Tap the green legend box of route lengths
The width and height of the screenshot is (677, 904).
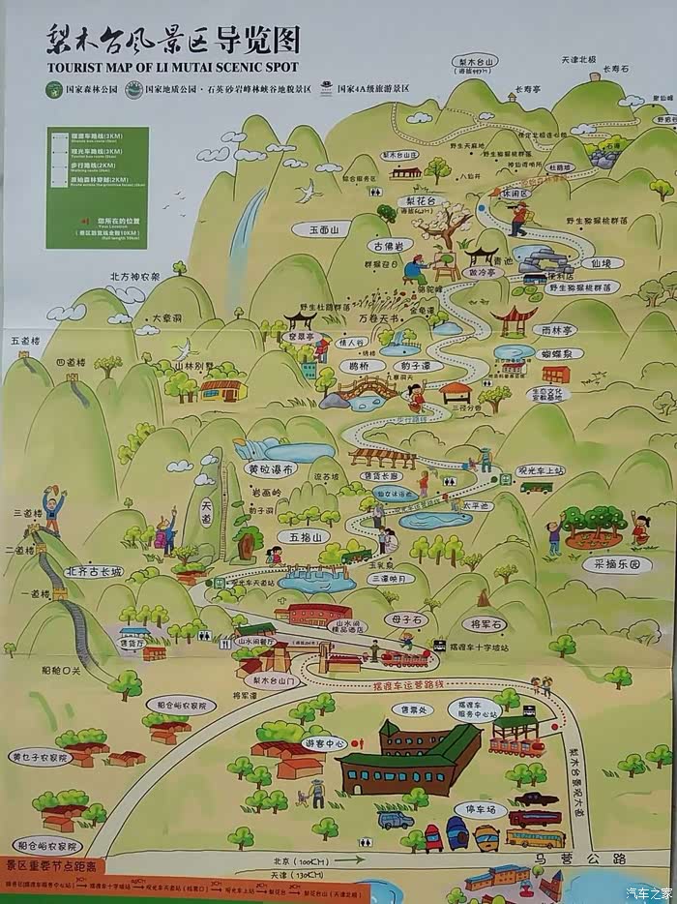tap(96, 187)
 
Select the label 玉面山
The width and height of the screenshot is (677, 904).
tap(324, 231)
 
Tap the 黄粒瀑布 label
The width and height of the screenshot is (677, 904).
tap(270, 469)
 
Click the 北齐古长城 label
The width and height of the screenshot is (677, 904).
tap(94, 572)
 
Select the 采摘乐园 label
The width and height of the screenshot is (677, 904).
tap(616, 564)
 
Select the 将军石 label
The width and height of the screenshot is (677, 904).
tap(480, 623)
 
